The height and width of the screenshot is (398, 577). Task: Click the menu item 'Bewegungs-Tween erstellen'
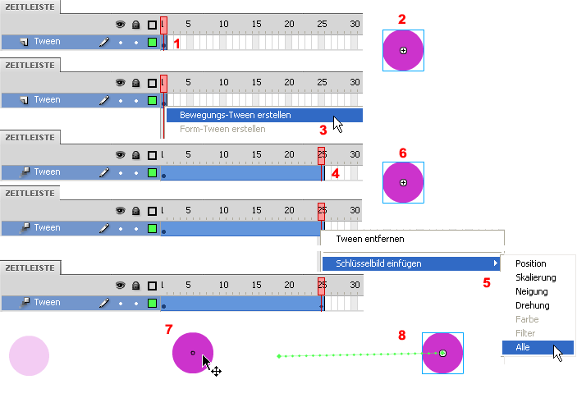[x=235, y=115]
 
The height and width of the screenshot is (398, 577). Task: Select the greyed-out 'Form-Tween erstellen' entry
[x=222, y=129]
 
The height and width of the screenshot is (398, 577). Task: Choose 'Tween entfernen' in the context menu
[x=370, y=239]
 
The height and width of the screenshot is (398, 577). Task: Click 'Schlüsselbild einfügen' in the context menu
[x=378, y=263]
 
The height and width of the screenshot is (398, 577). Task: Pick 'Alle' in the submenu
[x=523, y=347]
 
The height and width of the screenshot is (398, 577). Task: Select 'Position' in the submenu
[x=531, y=263]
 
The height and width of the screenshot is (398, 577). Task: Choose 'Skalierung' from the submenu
[x=536, y=277]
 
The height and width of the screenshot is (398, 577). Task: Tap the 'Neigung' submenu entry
[x=532, y=291]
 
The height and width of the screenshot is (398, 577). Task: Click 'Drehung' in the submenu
[x=533, y=305]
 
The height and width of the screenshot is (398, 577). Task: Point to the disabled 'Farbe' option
[x=527, y=319]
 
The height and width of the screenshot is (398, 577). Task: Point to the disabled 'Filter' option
[x=525, y=333]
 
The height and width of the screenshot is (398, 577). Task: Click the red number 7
[x=168, y=329]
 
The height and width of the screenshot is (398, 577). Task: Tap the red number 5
[x=487, y=282]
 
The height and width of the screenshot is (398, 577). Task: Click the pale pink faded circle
[x=29, y=355]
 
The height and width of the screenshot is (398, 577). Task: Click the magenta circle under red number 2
[x=403, y=50]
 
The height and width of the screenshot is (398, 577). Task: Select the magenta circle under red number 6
[x=403, y=182]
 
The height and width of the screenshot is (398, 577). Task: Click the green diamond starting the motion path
[x=279, y=356]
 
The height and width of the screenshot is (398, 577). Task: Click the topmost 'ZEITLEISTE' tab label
[x=30, y=7]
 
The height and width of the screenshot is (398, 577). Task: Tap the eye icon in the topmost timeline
[x=120, y=25]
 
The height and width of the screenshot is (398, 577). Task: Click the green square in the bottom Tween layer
[x=152, y=303]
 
